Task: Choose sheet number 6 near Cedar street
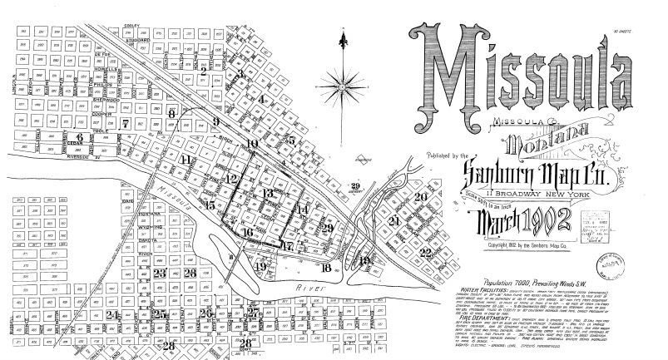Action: (80, 137)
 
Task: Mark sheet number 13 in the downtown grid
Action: (267, 194)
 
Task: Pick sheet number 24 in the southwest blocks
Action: (111, 314)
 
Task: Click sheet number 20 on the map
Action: (421, 196)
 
